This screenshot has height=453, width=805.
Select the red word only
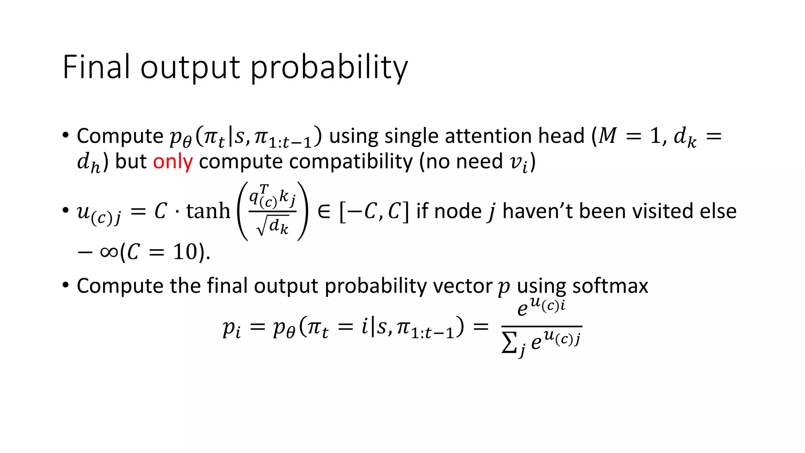click(173, 162)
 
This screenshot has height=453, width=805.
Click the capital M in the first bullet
click(607, 136)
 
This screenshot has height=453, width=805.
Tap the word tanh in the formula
click(208, 211)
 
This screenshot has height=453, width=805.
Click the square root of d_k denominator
click(273, 226)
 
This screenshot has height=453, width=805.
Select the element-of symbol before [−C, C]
click(323, 212)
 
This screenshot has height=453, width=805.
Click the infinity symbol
click(109, 252)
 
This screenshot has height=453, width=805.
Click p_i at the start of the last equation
click(232, 328)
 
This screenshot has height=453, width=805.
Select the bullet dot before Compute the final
click(66, 285)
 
